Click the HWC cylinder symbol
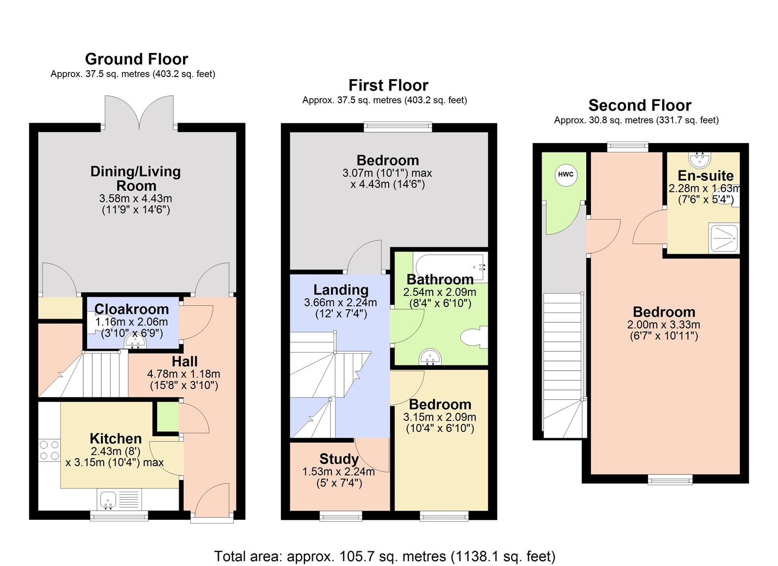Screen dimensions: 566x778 [565, 175]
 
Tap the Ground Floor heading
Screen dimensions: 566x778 [136, 59]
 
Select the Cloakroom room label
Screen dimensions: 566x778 [132, 309]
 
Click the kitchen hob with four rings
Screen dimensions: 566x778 [49, 450]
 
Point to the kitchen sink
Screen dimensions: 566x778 [109, 500]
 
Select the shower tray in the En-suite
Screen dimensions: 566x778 [724, 238]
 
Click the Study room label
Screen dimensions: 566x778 [339, 459]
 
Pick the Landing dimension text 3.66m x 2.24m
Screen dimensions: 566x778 [341, 302]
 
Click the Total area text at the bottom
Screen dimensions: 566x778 [385, 556]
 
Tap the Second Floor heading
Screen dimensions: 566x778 [640, 105]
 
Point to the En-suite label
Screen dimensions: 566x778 [705, 176]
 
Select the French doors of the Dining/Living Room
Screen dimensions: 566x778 [139, 112]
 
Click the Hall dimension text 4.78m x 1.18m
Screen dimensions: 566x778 [183, 374]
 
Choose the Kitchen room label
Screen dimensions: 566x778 [116, 439]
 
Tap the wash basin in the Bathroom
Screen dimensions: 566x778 [431, 357]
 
